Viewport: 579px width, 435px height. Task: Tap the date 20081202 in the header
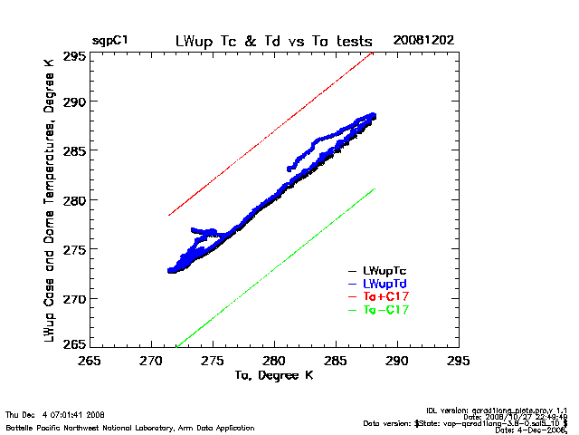tap(423, 41)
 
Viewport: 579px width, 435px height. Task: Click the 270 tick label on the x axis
tap(151, 361)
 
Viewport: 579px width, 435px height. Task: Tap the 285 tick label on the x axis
tap(336, 361)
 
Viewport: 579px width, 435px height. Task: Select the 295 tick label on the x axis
tap(459, 361)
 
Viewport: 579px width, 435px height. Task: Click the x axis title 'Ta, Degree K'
tap(273, 374)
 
